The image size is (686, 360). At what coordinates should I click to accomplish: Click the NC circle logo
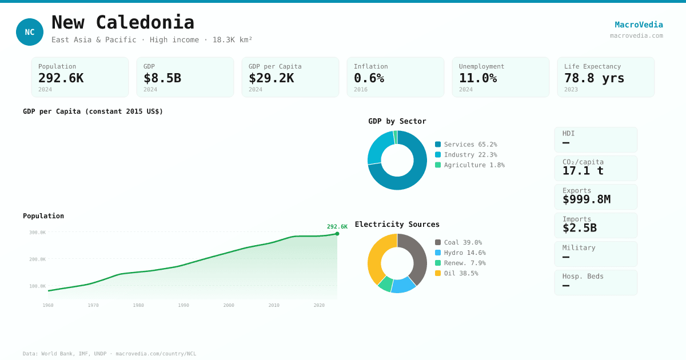click(x=30, y=32)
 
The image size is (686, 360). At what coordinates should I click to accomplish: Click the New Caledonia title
click(x=123, y=22)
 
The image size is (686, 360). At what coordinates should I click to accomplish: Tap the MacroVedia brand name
click(x=639, y=25)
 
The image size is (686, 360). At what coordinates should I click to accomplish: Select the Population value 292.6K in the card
click(x=61, y=78)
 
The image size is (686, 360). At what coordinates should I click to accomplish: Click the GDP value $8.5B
click(x=162, y=78)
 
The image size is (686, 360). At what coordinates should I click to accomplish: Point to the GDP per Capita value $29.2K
click(x=271, y=78)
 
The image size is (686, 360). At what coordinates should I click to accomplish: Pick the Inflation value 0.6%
click(x=369, y=78)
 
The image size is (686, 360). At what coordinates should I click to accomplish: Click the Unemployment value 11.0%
click(x=477, y=78)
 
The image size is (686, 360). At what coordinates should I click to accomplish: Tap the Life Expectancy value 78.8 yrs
click(x=594, y=78)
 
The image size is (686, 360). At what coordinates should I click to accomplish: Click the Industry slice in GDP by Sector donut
click(x=379, y=147)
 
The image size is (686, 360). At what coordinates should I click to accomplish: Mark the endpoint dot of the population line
click(x=337, y=234)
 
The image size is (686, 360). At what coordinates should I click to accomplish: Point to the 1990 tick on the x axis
click(x=184, y=305)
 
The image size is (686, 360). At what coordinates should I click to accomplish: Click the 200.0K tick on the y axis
click(x=37, y=259)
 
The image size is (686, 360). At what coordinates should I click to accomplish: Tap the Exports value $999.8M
click(x=586, y=199)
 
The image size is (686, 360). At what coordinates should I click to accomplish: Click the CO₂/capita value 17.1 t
click(x=583, y=171)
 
